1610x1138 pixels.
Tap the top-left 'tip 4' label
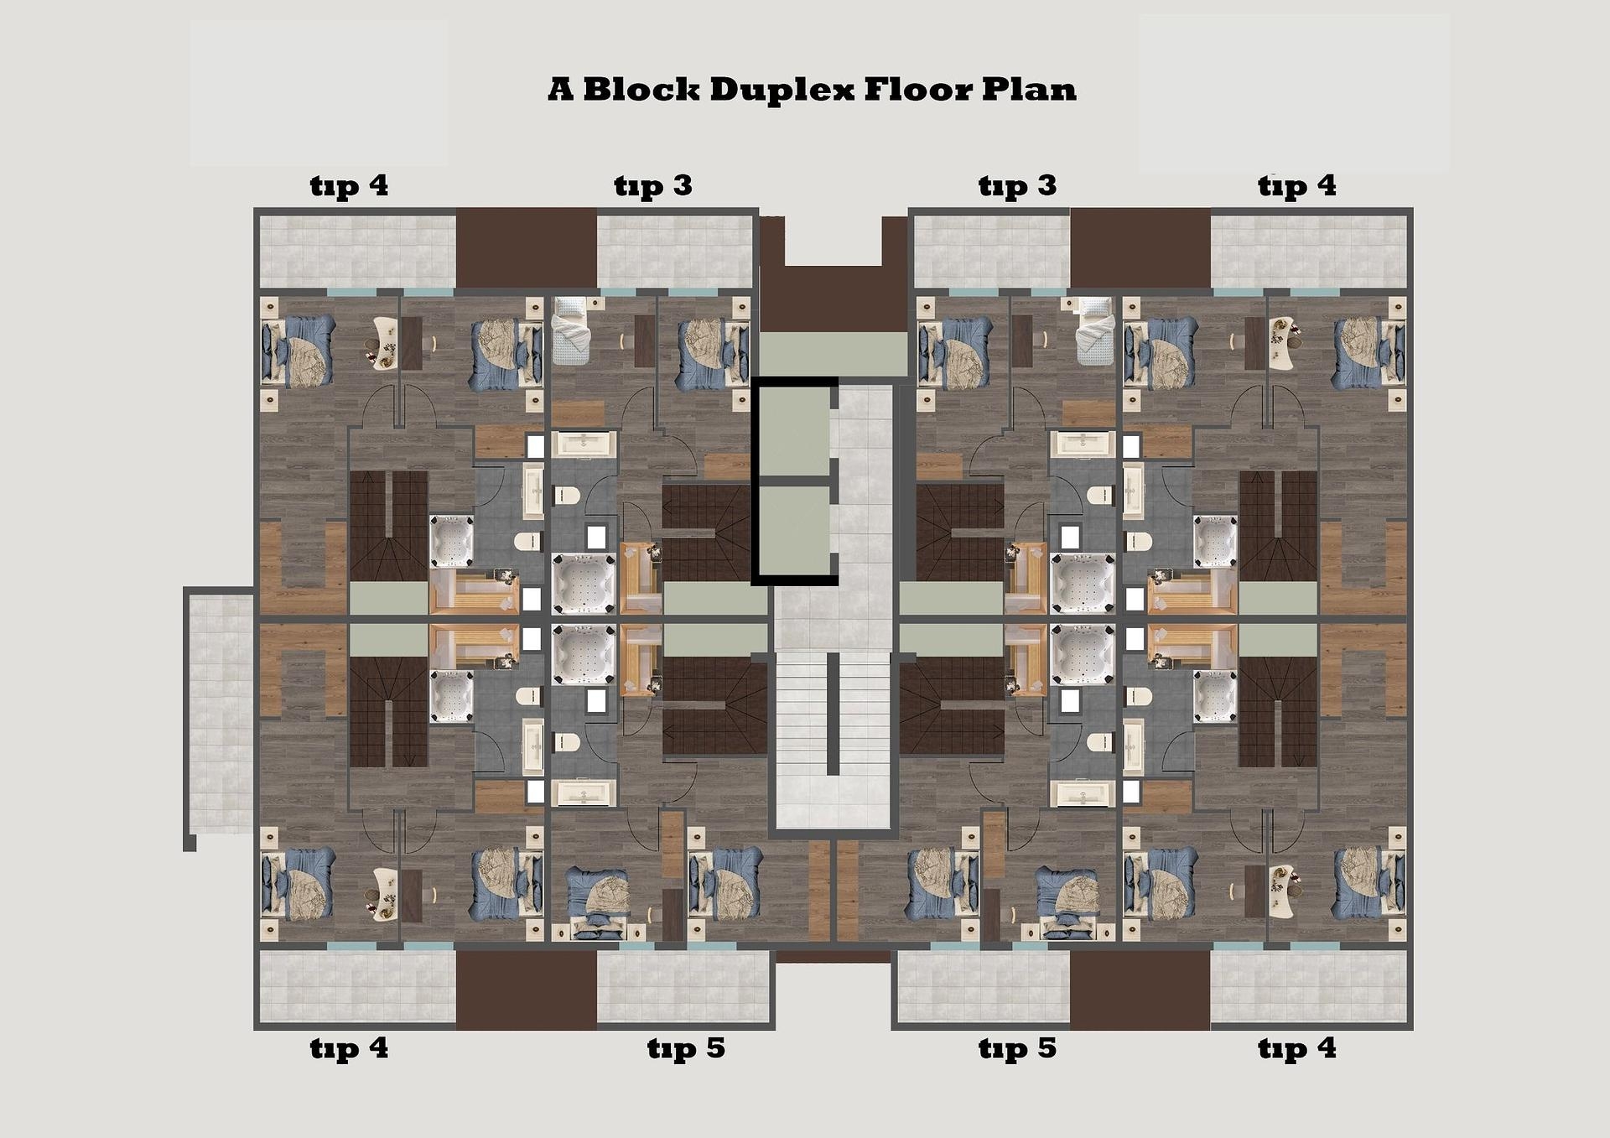[349, 185]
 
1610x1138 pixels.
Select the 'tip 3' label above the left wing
[652, 185]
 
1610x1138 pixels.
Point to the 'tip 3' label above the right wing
[1017, 185]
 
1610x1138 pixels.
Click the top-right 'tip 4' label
[1296, 185]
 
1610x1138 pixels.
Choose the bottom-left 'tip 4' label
[349, 1048]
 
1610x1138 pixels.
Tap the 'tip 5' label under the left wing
[685, 1048]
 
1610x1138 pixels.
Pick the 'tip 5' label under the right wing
[1017, 1048]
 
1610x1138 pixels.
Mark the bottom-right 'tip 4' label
[1296, 1048]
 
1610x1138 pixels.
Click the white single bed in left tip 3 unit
[571, 332]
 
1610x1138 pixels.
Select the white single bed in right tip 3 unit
[1095, 332]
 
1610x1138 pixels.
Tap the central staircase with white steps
[832, 738]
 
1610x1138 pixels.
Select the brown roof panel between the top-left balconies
[526, 248]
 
